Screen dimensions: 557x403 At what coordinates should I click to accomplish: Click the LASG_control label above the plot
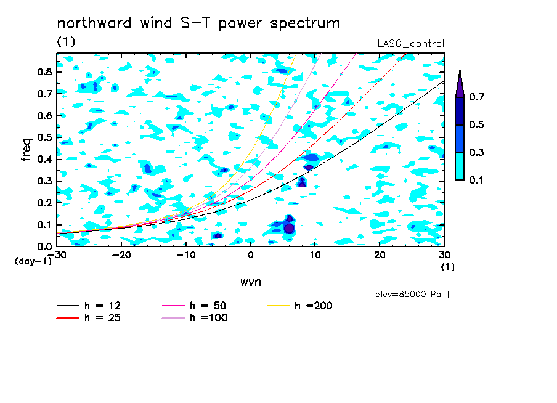pyautogui.click(x=410, y=44)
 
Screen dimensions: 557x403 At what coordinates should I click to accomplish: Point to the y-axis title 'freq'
pyautogui.click(x=26, y=150)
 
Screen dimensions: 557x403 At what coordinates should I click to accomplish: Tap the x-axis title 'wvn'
pyautogui.click(x=251, y=282)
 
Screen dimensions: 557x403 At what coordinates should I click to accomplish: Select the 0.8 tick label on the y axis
pyautogui.click(x=45, y=71)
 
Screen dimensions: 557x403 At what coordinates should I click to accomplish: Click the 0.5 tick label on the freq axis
pyautogui.click(x=45, y=137)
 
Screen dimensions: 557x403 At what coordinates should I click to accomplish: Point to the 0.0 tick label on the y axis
pyautogui.click(x=45, y=246)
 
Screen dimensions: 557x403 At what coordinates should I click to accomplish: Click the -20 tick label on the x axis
pyautogui.click(x=121, y=255)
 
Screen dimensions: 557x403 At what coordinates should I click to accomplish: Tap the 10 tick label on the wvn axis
pyautogui.click(x=315, y=255)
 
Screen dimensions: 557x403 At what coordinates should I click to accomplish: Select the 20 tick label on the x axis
pyautogui.click(x=380, y=255)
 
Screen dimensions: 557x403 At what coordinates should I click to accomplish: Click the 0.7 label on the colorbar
pyautogui.click(x=476, y=97)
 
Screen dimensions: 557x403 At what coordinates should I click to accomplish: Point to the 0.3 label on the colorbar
pyautogui.click(x=476, y=152)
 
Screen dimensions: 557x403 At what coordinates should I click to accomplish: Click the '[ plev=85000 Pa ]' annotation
pyautogui.click(x=408, y=295)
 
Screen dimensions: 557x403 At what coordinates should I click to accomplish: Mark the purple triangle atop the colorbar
pyautogui.click(x=460, y=83)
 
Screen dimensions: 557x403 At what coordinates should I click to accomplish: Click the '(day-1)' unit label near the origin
pyautogui.click(x=33, y=261)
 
